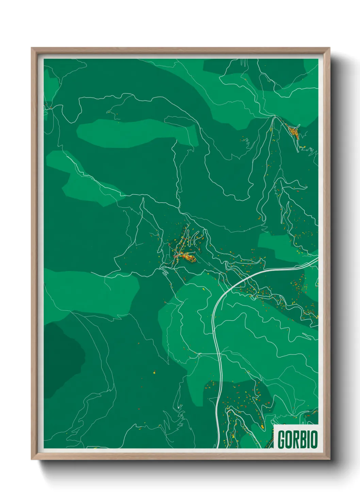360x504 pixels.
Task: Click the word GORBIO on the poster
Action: tap(297, 439)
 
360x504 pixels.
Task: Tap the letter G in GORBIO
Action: tap(282, 439)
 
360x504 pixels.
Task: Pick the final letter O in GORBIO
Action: tap(314, 439)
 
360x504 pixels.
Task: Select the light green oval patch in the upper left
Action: tap(136, 133)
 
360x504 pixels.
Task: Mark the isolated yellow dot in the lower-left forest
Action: tap(154, 373)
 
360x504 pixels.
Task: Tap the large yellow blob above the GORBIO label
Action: tap(262, 426)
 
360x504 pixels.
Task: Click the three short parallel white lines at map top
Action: tap(243, 62)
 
